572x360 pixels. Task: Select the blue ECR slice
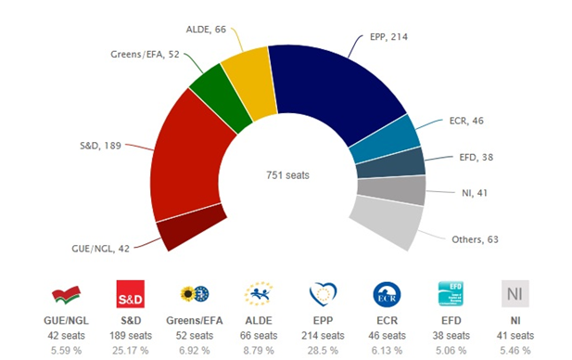(x=394, y=138)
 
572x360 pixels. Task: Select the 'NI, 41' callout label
(x=474, y=194)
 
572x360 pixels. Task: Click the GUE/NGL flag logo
(x=65, y=295)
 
